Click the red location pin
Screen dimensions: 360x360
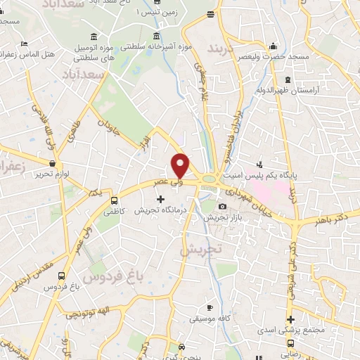(x=181, y=165)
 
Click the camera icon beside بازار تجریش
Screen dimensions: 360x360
(x=223, y=207)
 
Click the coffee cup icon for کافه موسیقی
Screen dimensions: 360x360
(x=210, y=308)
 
